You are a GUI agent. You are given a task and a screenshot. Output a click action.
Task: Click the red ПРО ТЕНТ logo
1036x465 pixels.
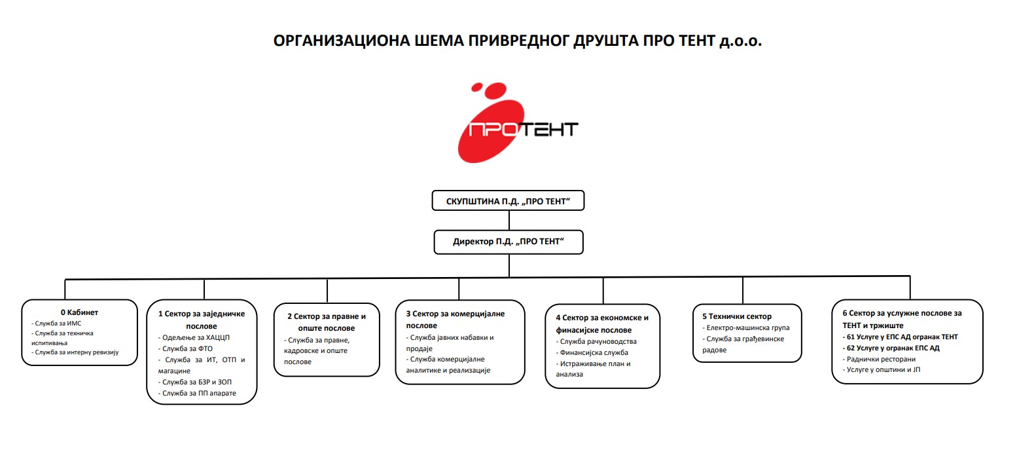(x=517, y=124)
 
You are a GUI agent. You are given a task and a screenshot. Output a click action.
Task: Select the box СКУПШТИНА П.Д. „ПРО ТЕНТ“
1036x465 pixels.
(x=508, y=201)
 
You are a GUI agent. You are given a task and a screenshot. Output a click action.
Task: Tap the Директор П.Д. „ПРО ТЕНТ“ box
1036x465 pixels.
(x=508, y=242)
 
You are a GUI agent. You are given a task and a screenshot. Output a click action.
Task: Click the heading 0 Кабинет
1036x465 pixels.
(x=79, y=312)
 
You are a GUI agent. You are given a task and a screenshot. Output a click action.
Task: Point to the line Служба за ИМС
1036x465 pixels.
(x=58, y=324)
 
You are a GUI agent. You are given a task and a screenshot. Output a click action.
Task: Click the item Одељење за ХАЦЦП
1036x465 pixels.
(x=196, y=338)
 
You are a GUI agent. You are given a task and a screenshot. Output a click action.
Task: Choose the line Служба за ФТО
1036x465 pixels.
(x=187, y=349)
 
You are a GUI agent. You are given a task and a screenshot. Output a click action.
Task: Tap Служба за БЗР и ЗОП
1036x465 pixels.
(x=196, y=382)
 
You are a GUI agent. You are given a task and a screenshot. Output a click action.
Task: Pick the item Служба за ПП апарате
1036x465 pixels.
(x=199, y=394)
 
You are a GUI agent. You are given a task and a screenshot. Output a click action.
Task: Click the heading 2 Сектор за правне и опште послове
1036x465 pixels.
(x=327, y=322)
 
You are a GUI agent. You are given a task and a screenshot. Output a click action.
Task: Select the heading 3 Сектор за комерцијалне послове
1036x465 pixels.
(x=455, y=320)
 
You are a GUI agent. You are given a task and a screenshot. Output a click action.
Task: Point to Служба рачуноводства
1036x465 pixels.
(x=598, y=342)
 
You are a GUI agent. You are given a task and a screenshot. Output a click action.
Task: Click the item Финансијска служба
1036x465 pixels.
(x=594, y=353)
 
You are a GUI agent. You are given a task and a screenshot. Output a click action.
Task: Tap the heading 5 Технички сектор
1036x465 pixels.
(x=737, y=316)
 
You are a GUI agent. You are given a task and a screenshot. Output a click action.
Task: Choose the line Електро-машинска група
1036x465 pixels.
(x=747, y=328)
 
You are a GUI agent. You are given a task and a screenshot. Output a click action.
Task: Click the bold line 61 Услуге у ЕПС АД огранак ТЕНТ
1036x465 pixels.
(x=902, y=337)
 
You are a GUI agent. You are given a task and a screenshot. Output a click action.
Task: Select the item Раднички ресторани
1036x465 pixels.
(x=881, y=360)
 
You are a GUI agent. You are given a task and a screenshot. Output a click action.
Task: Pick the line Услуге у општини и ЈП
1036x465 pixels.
(x=883, y=370)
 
